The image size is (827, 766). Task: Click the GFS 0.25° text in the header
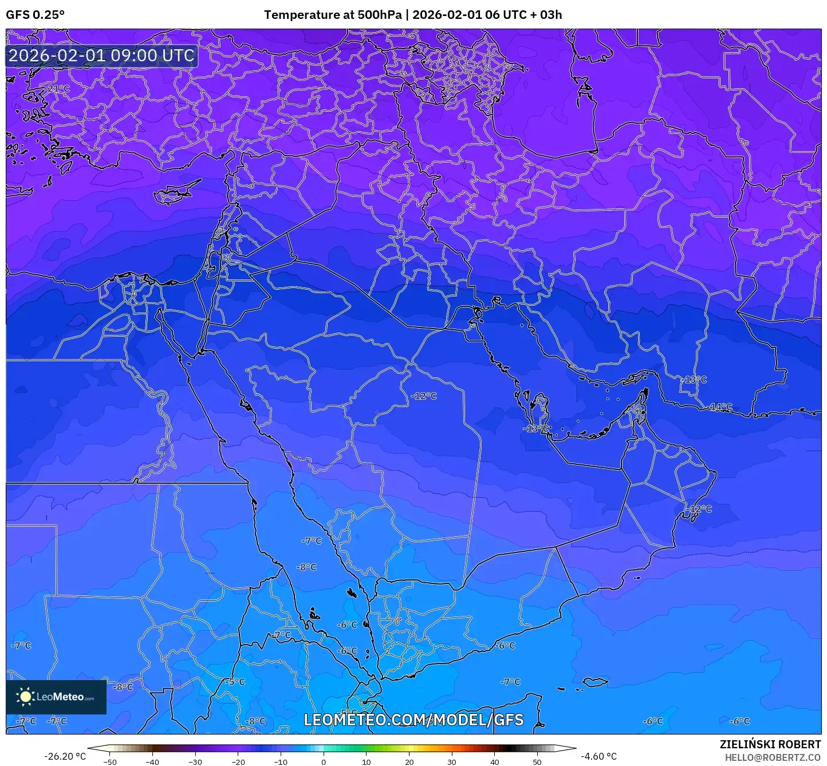coord(35,15)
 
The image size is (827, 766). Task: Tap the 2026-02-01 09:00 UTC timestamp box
coord(101,56)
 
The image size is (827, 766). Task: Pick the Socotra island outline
coord(596,681)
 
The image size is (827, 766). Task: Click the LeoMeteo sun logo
coord(25,697)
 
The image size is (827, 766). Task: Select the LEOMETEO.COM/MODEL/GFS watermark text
coord(413,720)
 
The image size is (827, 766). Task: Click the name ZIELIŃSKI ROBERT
coord(770,744)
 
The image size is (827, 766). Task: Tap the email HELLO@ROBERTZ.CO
coord(773,757)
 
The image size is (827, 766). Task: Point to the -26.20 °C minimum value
coord(65,756)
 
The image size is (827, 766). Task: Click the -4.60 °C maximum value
coord(599,756)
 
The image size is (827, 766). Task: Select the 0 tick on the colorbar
coord(324,761)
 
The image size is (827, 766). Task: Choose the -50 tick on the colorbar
coord(110,761)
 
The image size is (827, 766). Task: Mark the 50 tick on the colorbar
coord(537,761)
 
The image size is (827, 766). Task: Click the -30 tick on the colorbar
coord(195,761)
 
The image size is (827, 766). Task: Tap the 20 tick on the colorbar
coord(409,761)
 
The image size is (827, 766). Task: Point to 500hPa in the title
coord(380,15)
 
